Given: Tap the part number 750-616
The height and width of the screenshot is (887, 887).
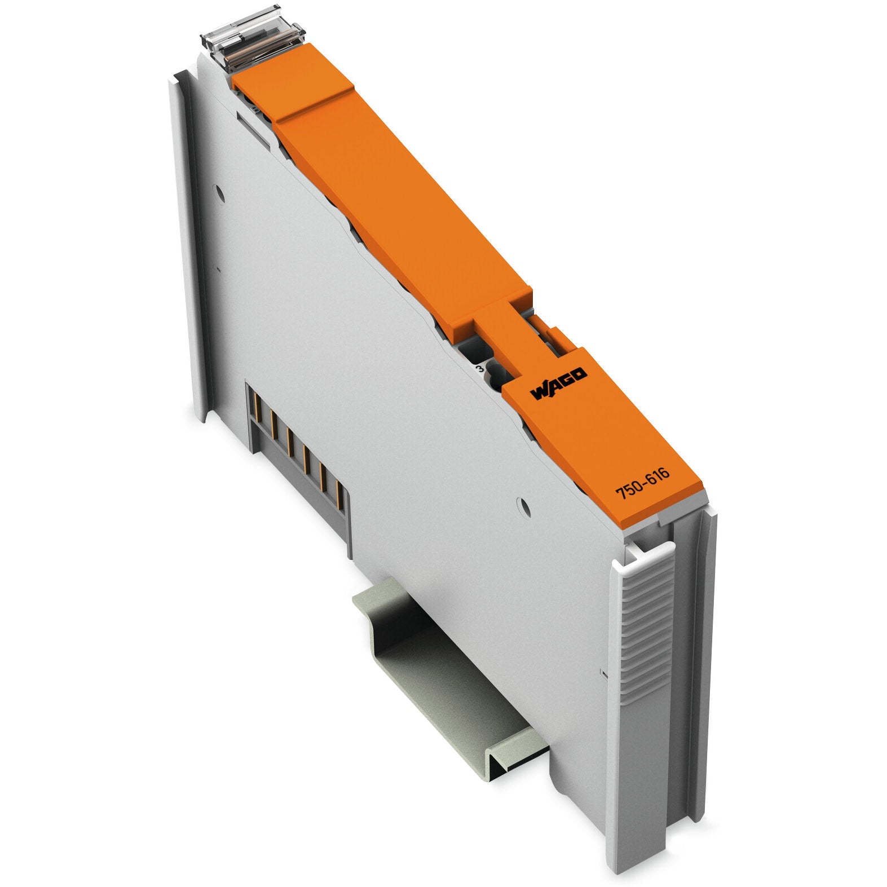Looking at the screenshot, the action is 642,483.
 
